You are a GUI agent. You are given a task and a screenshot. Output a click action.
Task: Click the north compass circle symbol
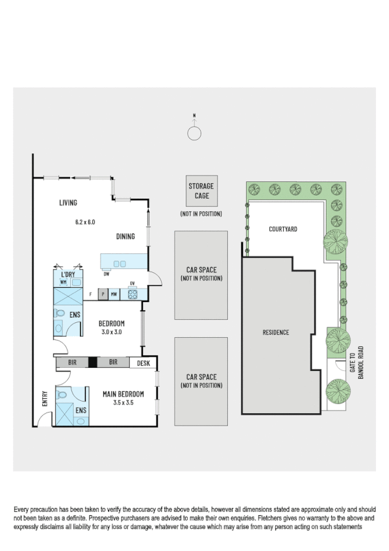(194, 133)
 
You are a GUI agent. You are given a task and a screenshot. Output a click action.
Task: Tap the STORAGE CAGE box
(201, 190)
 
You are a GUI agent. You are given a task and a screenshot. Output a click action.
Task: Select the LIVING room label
(68, 203)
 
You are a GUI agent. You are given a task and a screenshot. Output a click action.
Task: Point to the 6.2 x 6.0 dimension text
(85, 222)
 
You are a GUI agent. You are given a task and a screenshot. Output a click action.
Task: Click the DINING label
(126, 237)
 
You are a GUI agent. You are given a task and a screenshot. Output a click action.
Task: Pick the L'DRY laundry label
(69, 275)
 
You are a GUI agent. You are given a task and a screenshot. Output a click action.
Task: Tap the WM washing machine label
(64, 283)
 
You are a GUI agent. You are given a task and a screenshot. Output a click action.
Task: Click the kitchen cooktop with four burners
(132, 294)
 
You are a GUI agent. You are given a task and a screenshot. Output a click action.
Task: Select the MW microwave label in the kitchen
(114, 294)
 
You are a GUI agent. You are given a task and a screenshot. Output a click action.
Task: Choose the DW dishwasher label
(106, 274)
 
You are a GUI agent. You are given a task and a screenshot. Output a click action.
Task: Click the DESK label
(144, 363)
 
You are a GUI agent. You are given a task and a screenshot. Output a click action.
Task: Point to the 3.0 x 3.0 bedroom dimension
(112, 332)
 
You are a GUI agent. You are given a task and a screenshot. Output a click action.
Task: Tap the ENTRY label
(45, 398)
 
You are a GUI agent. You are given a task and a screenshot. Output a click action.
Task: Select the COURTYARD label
(282, 229)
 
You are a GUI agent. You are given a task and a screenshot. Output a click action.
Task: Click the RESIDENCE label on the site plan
(276, 333)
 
